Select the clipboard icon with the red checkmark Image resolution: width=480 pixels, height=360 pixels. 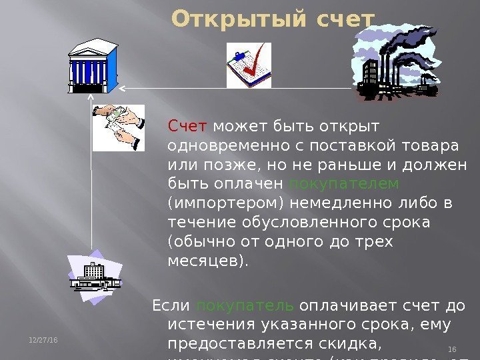click(249, 65)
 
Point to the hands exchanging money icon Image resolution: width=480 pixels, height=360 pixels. click(119, 127)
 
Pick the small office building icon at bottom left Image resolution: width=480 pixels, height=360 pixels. click(95, 274)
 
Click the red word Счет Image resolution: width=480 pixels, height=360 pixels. click(189, 126)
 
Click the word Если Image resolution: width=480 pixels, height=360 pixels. click(171, 306)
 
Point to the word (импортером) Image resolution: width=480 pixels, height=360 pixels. click(212, 202)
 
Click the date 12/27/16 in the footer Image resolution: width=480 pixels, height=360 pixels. click(45, 341)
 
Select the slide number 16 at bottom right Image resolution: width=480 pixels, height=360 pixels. click(451, 349)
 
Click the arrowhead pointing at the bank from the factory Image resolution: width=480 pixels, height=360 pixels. click(123, 88)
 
